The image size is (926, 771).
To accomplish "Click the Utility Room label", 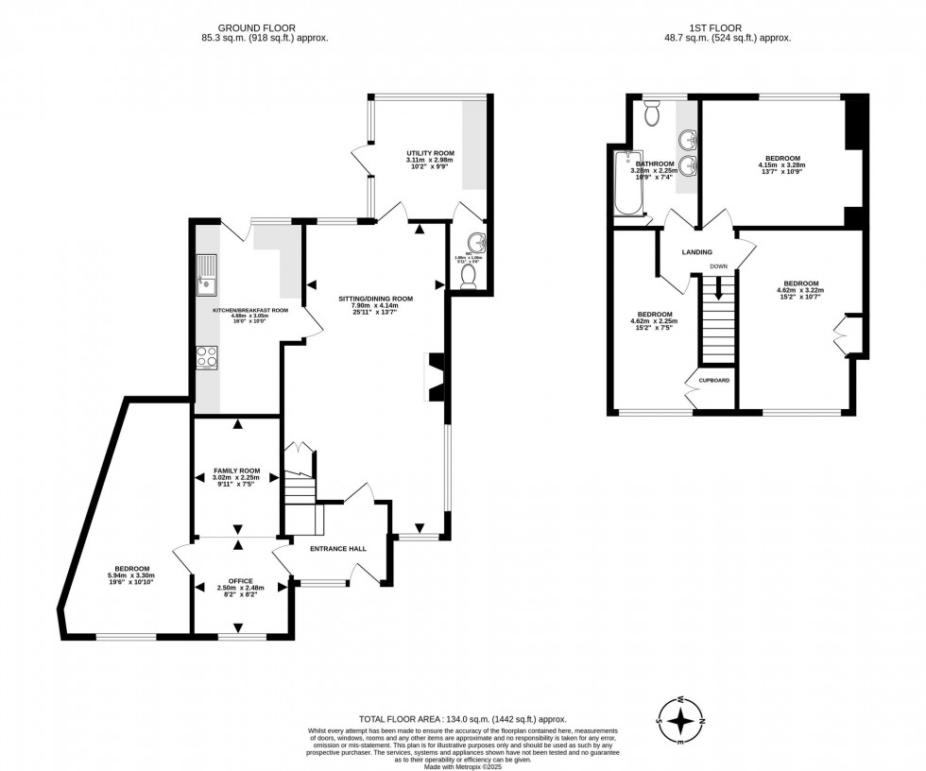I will pyautogui.click(x=430, y=152).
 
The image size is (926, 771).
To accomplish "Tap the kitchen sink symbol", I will pyautogui.click(x=205, y=274).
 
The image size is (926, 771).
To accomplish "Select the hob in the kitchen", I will pyautogui.click(x=206, y=356).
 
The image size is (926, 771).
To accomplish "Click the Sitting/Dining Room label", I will pyautogui.click(x=375, y=298).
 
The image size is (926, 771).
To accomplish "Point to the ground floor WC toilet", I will pyautogui.click(x=467, y=274).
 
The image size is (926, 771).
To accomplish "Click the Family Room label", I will pyautogui.click(x=236, y=470).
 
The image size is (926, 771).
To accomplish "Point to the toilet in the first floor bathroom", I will pyautogui.click(x=651, y=114).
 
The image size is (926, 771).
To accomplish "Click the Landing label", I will pyautogui.click(x=698, y=252).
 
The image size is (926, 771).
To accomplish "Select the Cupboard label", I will pyautogui.click(x=713, y=380).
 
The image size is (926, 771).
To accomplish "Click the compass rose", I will pyautogui.click(x=680, y=721).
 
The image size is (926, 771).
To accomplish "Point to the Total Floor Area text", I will pyautogui.click(x=462, y=719).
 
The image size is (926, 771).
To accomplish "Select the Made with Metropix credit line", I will pyautogui.click(x=462, y=765).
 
